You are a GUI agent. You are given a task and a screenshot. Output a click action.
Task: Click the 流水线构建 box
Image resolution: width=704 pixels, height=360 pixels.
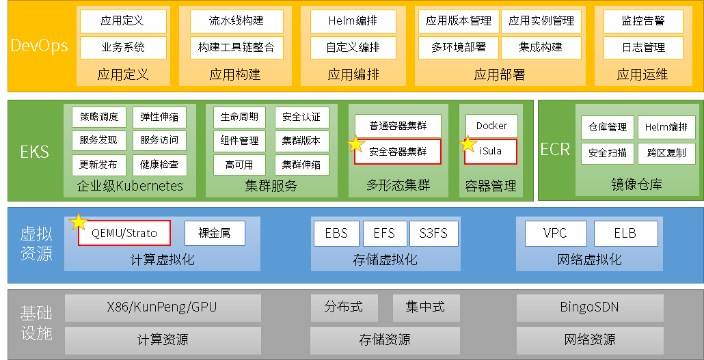coord(236,21)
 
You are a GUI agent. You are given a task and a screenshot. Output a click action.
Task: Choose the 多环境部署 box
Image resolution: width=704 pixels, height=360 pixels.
coord(459,48)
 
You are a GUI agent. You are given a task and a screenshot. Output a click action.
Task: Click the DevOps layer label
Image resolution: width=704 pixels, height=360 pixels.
coord(40,46)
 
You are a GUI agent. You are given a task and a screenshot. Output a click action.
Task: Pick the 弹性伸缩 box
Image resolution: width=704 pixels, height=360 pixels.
coord(159,117)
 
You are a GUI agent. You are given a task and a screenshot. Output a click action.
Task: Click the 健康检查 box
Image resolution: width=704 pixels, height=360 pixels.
coord(159,165)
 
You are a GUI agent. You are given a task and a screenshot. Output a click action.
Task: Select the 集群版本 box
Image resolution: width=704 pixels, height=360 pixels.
coord(301,141)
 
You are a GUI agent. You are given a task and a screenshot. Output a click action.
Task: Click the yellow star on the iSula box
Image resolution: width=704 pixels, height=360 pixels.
coord(468,145)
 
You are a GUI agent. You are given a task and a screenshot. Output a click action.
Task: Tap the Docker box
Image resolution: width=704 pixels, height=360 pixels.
coord(491,126)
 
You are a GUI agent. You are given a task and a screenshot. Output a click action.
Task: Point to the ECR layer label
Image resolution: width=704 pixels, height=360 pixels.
coord(555,150)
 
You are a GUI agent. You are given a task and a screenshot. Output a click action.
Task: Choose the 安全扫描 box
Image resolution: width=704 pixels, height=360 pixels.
coord(608,153)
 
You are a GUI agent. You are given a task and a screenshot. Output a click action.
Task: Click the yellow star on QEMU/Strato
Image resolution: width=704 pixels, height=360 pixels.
coord(79,222)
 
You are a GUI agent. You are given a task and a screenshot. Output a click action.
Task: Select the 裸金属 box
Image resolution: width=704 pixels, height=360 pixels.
coord(215,234)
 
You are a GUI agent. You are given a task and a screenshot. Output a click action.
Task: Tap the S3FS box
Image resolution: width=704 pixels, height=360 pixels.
coord(433,234)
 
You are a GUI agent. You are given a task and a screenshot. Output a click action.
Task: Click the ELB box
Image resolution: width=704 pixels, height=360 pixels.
coord(625,234)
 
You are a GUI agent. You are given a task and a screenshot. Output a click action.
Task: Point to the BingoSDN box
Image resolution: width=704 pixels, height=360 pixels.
coord(589,307)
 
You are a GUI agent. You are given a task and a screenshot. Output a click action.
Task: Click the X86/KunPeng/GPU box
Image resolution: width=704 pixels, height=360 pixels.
coord(162,307)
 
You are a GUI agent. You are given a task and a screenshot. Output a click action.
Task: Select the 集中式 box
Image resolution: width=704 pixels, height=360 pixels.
coord(426,307)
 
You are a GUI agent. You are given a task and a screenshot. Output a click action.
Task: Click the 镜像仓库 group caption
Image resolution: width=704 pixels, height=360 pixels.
coord(636,184)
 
